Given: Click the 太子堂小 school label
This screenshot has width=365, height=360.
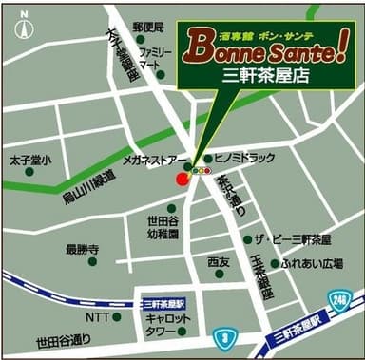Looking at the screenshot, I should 31,160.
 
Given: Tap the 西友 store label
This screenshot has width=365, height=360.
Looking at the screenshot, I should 219,261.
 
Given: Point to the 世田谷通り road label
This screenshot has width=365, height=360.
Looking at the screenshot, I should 63,340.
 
